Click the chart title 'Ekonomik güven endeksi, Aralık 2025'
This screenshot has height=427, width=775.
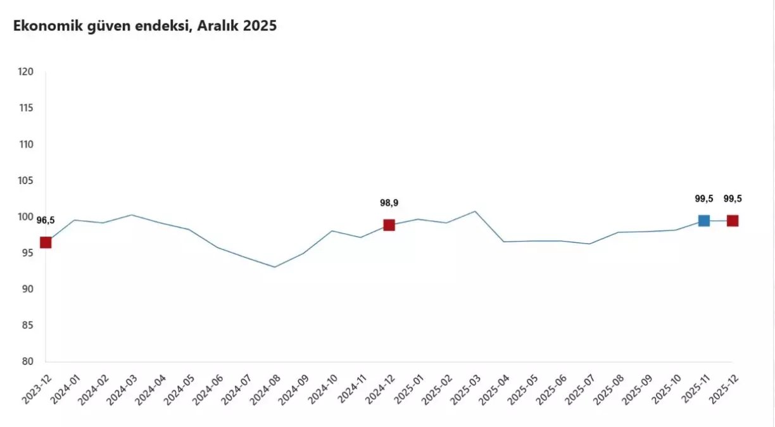145,26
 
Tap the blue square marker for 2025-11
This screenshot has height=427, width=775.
703,221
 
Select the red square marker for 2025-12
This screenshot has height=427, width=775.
733,221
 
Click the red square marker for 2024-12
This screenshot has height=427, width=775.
389,225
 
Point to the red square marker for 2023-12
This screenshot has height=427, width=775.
46,242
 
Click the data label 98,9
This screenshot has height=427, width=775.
389,203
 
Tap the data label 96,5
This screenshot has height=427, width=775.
46,221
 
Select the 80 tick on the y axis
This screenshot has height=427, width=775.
27,362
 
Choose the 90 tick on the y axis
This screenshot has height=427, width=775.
27,289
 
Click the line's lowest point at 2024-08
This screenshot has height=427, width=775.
274,267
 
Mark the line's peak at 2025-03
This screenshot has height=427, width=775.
475,211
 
